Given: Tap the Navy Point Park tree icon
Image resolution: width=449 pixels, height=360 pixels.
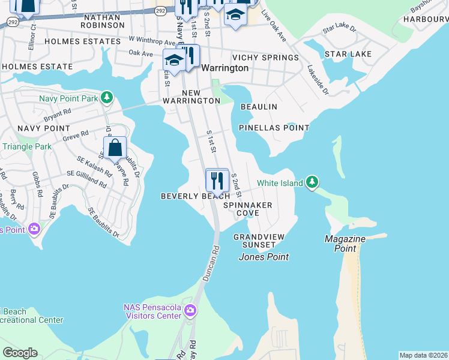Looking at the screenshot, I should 106,97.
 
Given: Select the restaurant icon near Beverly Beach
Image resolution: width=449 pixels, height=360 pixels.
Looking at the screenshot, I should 217,179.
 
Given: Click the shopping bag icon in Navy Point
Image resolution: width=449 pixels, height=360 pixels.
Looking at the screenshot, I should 115,148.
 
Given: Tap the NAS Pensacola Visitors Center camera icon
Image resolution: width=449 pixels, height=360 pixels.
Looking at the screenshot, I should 190,310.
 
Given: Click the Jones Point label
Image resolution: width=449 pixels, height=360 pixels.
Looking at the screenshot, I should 264,257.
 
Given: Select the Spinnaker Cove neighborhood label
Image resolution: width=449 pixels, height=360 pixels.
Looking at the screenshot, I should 247,209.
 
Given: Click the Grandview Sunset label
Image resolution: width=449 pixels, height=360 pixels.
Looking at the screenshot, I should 259,241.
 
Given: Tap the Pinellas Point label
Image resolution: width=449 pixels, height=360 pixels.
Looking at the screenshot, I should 274,128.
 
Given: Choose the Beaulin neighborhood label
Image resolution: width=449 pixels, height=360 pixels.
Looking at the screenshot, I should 259,107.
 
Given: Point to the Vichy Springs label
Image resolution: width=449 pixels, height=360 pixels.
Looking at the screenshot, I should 265,58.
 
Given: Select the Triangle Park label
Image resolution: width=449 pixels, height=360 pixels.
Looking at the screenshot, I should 27,146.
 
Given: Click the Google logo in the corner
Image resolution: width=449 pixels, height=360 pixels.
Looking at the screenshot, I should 20,353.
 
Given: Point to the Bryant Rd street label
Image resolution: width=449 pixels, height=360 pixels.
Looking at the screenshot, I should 58,112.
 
